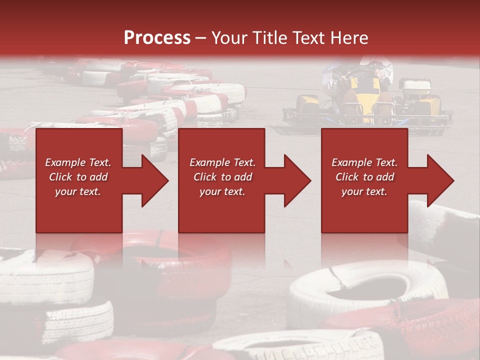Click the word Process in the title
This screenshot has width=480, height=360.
[157, 38]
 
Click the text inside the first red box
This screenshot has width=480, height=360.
[78, 177]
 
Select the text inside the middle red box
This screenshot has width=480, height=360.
[222, 177]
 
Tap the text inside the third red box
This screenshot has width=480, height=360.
[364, 177]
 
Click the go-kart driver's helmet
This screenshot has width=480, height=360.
[369, 62]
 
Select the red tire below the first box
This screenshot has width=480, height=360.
[165, 255]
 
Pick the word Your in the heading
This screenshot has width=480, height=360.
[228, 38]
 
